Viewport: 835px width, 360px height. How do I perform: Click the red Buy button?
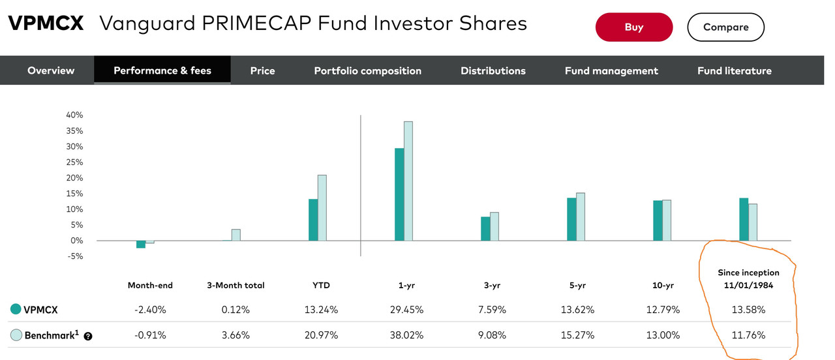633,27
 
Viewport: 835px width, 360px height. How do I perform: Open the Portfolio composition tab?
367,70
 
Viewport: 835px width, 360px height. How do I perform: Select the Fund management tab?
611,70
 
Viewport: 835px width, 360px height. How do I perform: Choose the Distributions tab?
493,70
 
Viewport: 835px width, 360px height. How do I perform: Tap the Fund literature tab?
734,70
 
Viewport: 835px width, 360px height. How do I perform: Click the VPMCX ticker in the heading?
46,24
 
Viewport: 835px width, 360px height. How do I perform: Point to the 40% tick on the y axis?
74,115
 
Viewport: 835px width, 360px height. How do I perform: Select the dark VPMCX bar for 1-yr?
399,194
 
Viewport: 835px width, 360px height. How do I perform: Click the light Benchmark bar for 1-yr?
408,181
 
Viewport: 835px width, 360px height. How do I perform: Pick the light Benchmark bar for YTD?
322,207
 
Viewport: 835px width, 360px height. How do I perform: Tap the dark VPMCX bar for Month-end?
141,244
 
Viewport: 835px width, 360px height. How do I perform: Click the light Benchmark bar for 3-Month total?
236,235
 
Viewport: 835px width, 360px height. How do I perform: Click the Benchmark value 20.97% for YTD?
321,335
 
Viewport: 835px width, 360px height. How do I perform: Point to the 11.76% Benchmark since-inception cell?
748,335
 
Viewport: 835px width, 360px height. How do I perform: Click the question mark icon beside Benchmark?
88,337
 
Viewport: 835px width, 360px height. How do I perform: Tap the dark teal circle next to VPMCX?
16,310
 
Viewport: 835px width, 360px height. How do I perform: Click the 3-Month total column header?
235,285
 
